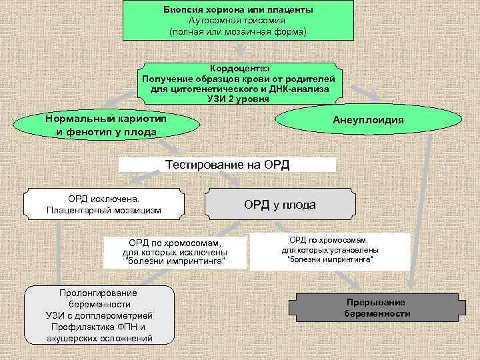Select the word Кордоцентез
[x=239, y=69]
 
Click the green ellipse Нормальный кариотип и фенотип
[x=107, y=125]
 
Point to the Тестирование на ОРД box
[x=227, y=165]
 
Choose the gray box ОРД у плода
[x=279, y=205]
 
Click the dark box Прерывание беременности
[x=377, y=307]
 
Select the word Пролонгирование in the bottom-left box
[x=99, y=293]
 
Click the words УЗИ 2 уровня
[x=239, y=99]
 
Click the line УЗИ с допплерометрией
[x=99, y=315]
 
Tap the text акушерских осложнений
[x=99, y=339]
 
